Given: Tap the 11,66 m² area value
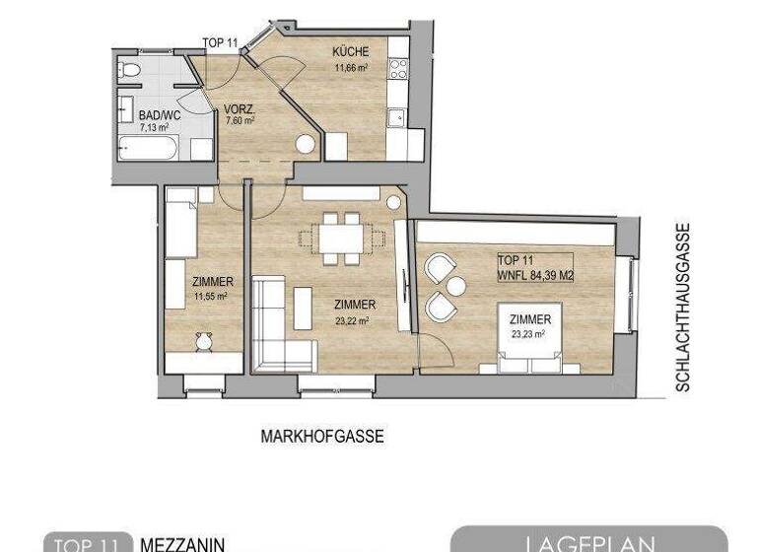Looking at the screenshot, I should (x=350, y=68).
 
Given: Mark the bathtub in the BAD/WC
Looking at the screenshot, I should (x=148, y=149).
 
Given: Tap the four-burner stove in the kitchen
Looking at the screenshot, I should (x=398, y=68).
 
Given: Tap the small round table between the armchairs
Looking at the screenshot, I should (x=456, y=286).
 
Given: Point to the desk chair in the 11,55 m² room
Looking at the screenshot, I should (x=204, y=341).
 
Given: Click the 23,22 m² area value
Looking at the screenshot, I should (x=351, y=319).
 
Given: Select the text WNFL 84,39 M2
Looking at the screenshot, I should (x=535, y=274).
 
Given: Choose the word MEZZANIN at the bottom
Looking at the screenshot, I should (x=182, y=544).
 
